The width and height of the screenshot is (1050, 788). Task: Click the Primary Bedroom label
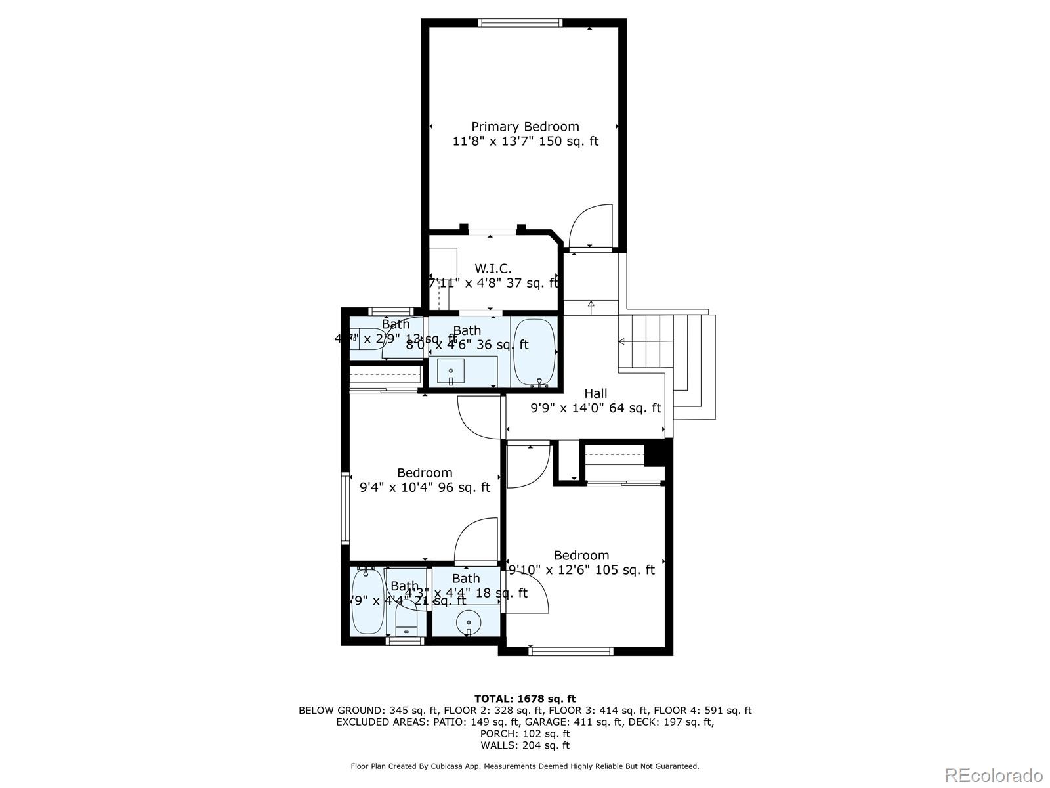tap(525, 127)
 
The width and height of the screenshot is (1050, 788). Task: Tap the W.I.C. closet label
tap(493, 269)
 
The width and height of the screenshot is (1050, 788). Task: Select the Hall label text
tap(596, 393)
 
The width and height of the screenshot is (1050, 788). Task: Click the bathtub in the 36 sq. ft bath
tap(534, 352)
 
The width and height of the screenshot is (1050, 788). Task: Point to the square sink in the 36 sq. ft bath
tap(451, 372)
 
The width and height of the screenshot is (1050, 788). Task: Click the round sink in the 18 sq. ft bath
tap(469, 621)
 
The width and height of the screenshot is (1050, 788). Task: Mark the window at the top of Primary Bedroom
tap(521, 23)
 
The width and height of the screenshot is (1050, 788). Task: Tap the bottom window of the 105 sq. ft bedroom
tap(570, 651)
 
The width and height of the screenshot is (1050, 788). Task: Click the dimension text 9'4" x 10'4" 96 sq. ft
tap(425, 487)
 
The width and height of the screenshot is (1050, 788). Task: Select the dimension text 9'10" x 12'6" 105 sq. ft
tap(581, 570)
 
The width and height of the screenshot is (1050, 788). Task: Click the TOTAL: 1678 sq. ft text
tap(525, 699)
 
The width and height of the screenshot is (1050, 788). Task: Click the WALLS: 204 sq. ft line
tap(525, 745)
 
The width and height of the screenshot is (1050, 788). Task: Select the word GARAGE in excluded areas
tap(554, 722)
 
